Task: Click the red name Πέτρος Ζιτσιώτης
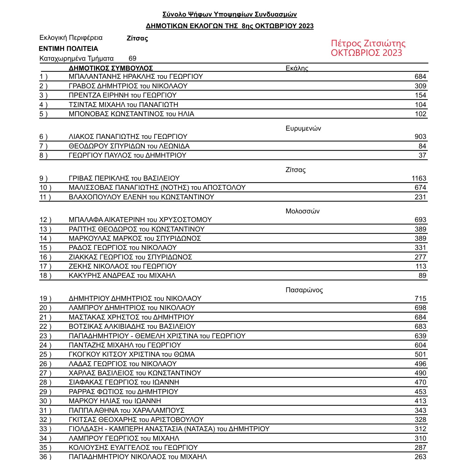(368, 43)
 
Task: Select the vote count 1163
(419, 178)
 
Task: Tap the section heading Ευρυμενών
(303, 128)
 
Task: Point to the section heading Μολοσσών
(302, 211)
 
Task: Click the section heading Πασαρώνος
(304, 290)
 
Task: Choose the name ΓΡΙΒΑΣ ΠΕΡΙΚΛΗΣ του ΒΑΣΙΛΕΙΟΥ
(124, 178)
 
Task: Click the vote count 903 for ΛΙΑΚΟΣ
(420, 136)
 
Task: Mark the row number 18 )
(45, 275)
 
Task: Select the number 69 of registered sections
(132, 58)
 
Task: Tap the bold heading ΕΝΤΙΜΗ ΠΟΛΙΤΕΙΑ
(68, 48)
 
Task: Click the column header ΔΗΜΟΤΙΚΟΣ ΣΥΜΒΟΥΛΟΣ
(111, 68)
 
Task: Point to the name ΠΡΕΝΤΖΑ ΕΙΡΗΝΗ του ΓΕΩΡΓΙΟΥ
(123, 95)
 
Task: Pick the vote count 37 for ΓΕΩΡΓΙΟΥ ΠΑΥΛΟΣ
(422, 155)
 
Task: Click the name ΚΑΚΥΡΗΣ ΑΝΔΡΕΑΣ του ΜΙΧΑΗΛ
(122, 275)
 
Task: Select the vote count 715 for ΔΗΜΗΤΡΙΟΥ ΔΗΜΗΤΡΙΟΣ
(420, 298)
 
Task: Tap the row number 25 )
(45, 354)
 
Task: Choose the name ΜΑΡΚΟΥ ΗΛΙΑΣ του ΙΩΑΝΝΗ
(115, 401)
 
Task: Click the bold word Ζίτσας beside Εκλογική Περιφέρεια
(137, 38)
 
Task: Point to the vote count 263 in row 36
(420, 457)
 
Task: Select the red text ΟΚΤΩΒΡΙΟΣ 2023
(366, 53)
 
